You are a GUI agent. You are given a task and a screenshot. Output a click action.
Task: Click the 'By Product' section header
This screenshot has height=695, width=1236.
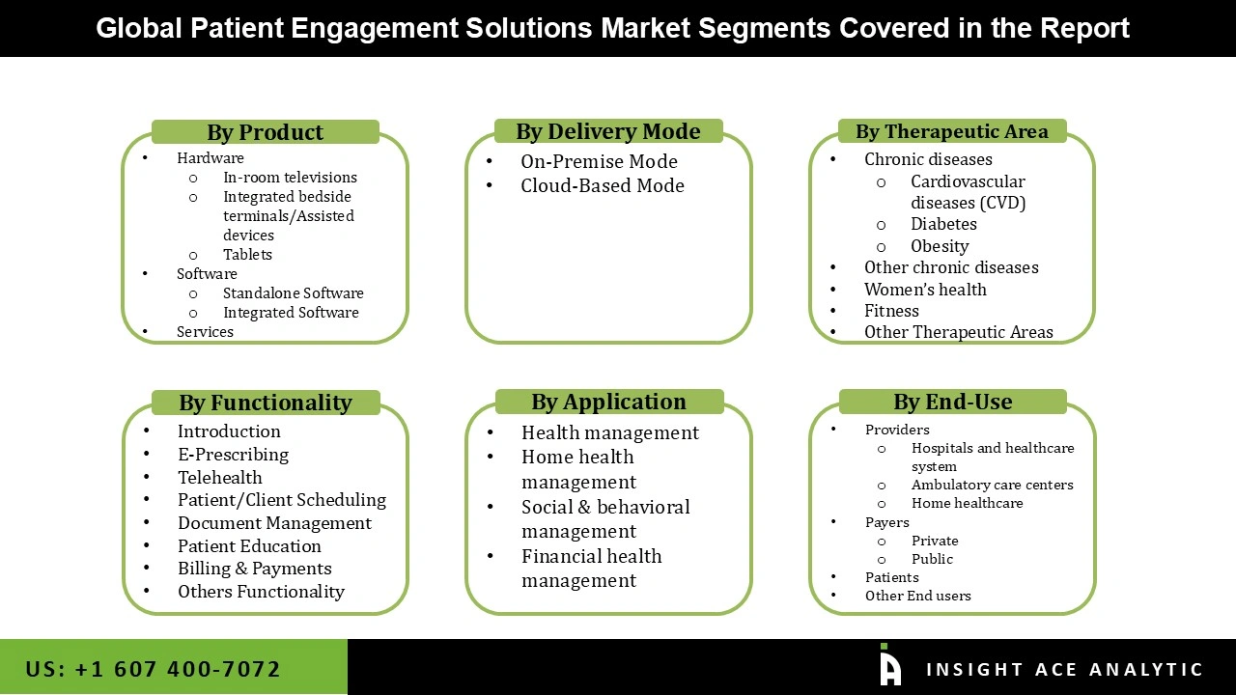(265, 132)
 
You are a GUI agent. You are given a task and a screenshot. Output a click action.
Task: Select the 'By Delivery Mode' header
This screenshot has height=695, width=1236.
(607, 131)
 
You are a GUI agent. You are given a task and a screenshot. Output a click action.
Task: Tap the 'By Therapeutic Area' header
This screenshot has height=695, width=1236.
(951, 131)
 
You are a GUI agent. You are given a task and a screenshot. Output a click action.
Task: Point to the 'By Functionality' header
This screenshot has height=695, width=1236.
(265, 403)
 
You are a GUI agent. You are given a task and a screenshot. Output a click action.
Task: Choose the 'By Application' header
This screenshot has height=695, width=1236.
(608, 402)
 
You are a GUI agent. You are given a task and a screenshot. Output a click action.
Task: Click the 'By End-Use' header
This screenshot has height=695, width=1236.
(952, 402)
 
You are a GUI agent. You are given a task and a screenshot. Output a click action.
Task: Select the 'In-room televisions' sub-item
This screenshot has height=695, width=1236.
(290, 178)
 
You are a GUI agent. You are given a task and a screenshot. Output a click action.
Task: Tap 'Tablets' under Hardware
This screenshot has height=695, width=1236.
(247, 255)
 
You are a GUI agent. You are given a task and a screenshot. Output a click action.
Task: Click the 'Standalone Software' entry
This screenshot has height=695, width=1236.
(293, 293)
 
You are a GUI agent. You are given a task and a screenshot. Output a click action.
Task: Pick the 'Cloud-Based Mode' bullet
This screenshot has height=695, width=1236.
(602, 185)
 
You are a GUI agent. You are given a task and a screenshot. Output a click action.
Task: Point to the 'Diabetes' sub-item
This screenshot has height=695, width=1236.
(943, 224)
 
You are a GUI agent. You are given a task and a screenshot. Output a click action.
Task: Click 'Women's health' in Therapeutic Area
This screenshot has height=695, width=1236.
(925, 290)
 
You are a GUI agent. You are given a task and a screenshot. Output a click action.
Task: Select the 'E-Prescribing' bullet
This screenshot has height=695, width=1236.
(233, 455)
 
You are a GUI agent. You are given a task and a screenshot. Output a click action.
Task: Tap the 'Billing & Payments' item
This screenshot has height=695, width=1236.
(254, 569)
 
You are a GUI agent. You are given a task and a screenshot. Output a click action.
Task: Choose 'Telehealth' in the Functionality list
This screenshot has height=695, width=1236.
(219, 478)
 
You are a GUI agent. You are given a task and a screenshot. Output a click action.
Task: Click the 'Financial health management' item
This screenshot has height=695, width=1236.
(591, 569)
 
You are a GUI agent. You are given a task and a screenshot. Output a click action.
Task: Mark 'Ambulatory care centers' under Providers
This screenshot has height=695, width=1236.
(992, 485)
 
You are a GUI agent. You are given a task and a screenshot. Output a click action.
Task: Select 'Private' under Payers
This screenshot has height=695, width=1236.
(935, 541)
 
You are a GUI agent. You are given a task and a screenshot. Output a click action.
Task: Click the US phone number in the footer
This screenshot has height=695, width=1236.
(153, 669)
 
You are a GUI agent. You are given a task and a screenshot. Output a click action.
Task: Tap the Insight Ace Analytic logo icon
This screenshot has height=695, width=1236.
(889, 666)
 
